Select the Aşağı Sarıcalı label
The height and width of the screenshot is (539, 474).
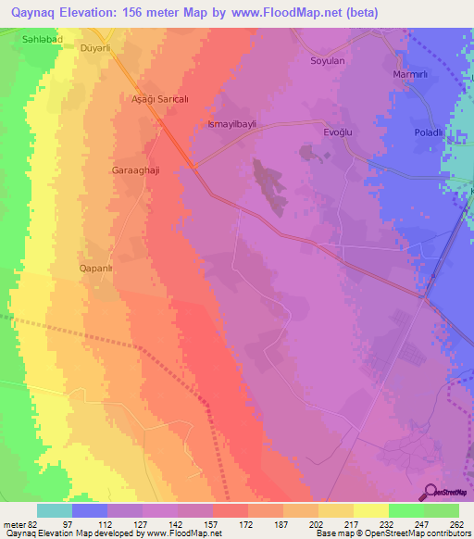click(x=152, y=97)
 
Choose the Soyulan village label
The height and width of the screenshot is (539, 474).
click(x=327, y=61)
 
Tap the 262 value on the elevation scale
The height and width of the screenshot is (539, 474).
click(x=457, y=524)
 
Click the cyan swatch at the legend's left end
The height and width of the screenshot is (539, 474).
click(x=55, y=510)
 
